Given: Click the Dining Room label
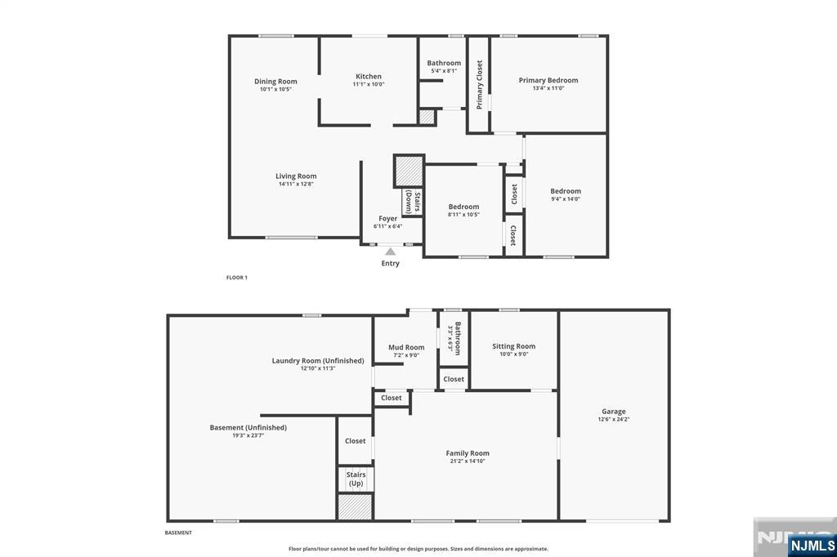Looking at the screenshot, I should pos(275,81).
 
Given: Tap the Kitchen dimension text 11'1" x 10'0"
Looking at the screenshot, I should pos(368,84).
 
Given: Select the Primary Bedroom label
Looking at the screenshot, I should pos(548,80).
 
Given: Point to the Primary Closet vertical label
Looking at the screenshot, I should pos(479,85).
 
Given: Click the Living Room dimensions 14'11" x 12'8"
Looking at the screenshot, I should pos(295,184).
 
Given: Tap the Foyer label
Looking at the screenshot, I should pos(387,218).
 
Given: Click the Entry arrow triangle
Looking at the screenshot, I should pos(391,252).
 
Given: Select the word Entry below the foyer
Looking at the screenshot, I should pos(391,263).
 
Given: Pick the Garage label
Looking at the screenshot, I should pos(613,412).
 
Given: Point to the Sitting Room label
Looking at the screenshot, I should pos(513,346).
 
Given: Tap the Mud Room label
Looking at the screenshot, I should pos(406,347).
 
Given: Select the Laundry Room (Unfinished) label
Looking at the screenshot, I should pos(318,360).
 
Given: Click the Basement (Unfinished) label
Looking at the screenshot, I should pos(248,427).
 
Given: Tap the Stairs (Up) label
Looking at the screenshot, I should pos(356,479).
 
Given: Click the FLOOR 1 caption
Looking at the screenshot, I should pos(236,278).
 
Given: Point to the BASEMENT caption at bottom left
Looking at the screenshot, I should pos(178,532).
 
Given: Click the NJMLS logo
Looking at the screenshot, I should pos(811,545).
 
